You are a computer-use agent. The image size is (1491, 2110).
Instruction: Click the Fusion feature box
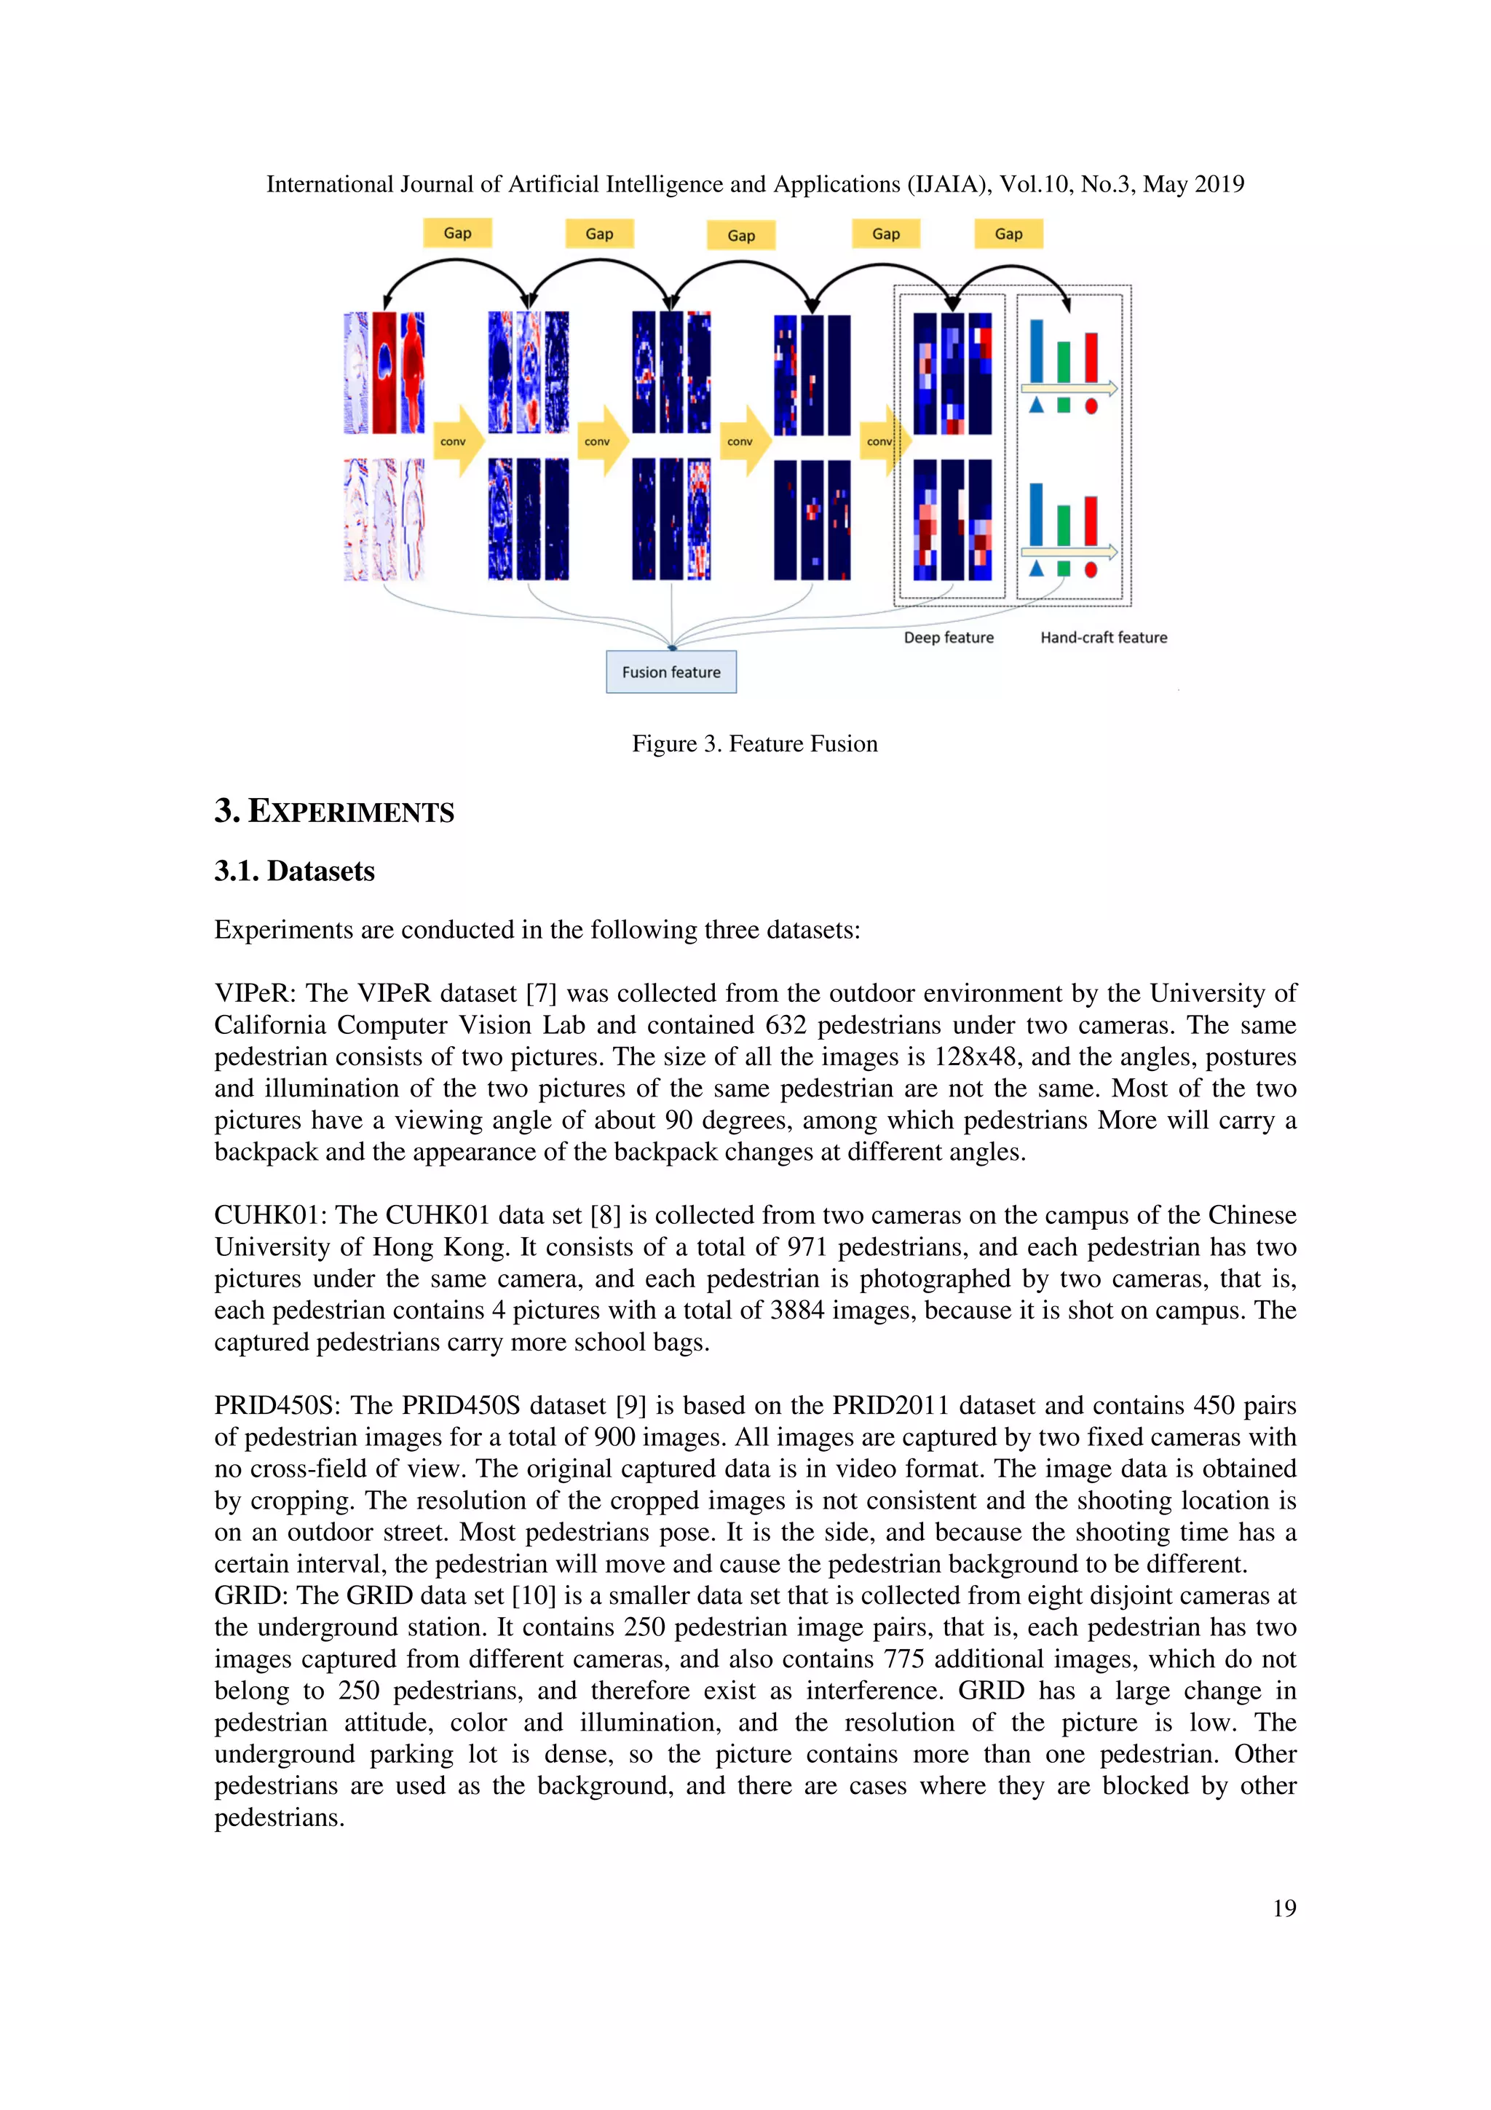(x=671, y=672)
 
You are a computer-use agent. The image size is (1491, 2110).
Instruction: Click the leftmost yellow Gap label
(x=457, y=232)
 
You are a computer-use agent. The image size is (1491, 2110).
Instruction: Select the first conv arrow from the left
(x=456, y=441)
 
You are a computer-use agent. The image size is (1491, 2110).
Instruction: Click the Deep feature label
(x=948, y=637)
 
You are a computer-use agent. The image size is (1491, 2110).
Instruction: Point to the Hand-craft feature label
(x=1103, y=637)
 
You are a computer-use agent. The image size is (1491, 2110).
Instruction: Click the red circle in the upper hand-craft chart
(x=1091, y=406)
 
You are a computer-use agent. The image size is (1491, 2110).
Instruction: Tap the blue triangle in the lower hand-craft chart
(x=1036, y=569)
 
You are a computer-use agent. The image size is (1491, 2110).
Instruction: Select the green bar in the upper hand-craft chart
(x=1063, y=361)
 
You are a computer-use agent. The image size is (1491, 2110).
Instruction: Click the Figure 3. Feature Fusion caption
(x=754, y=743)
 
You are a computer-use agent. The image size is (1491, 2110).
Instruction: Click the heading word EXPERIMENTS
(x=351, y=812)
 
